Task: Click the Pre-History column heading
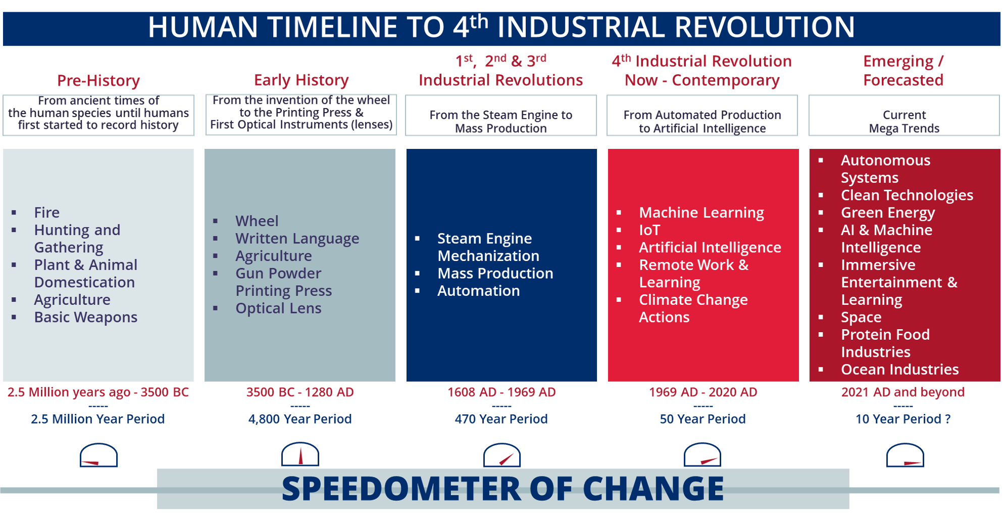coord(98,80)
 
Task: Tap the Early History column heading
coord(301,80)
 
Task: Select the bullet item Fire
coord(47,213)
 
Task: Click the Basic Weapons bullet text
coord(85,317)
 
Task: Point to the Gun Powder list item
coord(278,273)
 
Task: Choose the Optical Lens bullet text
coord(278,308)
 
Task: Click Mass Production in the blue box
coord(495,273)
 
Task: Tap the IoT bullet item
coord(649,230)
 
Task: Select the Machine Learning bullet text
coord(701,213)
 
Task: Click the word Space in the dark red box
coord(861,317)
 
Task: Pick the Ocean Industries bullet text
coord(899,369)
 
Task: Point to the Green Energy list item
coord(888,213)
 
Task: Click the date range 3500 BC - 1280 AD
coord(300,392)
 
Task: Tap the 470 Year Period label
coord(501,419)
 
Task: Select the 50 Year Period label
coord(703,419)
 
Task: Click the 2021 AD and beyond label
coord(903,392)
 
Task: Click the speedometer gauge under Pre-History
coord(98,455)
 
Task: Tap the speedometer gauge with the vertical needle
coord(300,454)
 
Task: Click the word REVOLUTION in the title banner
coord(765,27)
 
